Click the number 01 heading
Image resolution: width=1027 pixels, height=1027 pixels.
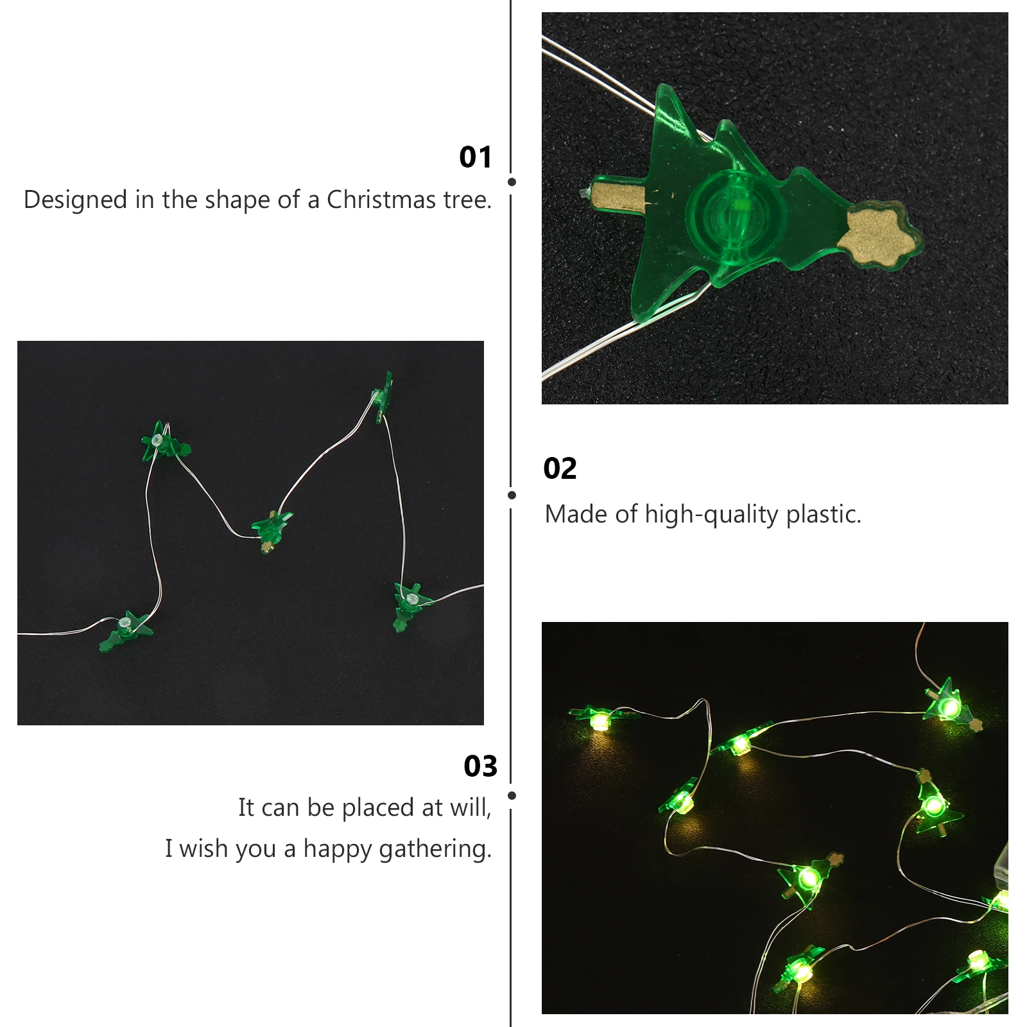(475, 157)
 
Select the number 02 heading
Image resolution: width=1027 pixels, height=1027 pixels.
(560, 469)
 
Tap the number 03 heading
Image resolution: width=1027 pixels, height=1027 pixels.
(480, 766)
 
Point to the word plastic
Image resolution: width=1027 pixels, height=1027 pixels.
(824, 514)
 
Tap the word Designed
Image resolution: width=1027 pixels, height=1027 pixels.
(75, 200)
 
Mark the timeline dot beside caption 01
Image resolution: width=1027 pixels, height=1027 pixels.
(512, 182)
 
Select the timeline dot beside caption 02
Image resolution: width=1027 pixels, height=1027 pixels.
(512, 495)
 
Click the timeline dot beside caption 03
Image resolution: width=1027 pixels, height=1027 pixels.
(512, 795)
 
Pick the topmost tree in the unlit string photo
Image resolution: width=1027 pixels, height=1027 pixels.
(383, 395)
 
